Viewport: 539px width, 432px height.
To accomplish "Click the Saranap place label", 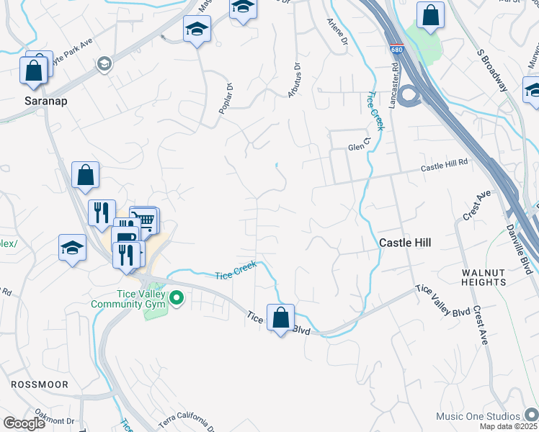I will point(45,101).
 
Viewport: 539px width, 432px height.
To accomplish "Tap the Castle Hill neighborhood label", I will point(405,243).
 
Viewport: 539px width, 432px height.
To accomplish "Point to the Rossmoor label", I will point(40,384).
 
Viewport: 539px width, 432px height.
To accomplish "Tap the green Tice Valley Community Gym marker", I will point(174,297).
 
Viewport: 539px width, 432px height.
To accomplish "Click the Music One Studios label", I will point(477,416).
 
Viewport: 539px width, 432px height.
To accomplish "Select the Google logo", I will point(24,423).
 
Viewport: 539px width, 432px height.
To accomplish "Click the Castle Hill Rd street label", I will point(444,167).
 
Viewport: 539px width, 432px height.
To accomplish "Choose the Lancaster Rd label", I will point(394,86).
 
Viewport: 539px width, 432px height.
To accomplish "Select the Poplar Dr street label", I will point(225,99).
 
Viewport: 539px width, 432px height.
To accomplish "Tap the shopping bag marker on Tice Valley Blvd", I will point(280,316).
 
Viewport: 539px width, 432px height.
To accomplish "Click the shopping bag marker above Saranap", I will point(34,70).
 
